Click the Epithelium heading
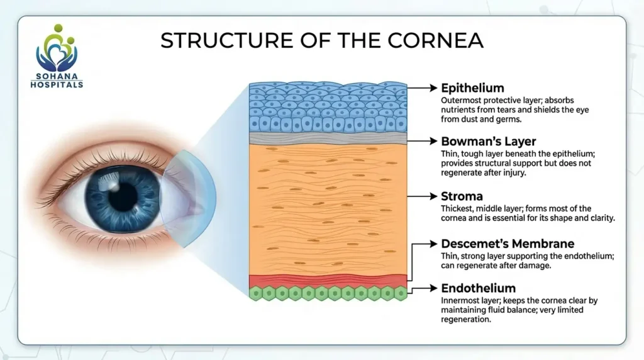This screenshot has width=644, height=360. tap(472, 87)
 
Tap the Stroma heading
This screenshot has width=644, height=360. tap(462, 196)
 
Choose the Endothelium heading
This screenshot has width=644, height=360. tap(478, 288)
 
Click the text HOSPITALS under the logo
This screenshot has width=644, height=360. tap(57, 84)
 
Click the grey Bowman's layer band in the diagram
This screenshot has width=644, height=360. tap(328, 138)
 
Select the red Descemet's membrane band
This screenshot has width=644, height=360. tap(328, 281)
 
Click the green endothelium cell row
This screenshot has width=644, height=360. tap(328, 293)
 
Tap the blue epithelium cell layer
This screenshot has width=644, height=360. tap(328, 107)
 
